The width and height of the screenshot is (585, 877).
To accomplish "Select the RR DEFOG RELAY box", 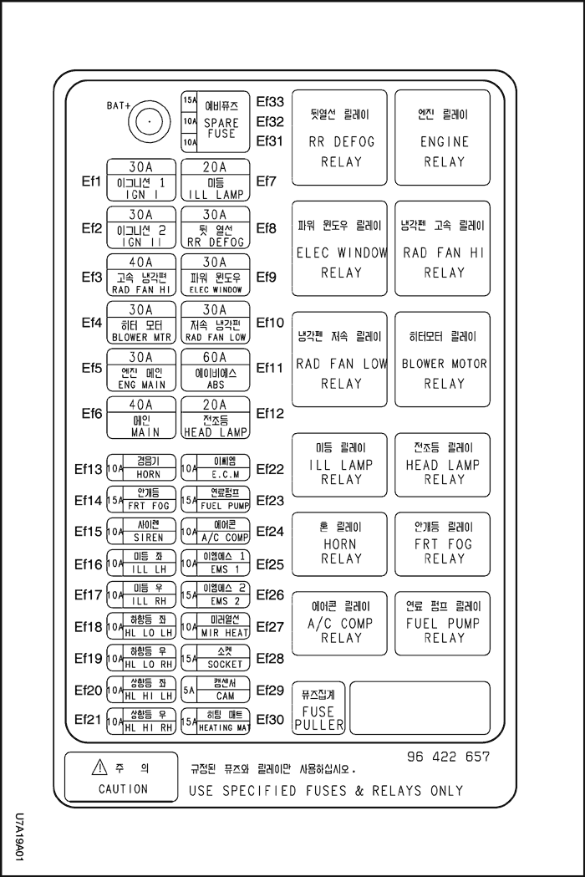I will (x=339, y=138).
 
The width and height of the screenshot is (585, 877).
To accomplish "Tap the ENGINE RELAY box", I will (x=443, y=138).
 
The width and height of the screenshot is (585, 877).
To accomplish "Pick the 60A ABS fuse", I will (x=216, y=370).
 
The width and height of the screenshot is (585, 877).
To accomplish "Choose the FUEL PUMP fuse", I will (x=216, y=499).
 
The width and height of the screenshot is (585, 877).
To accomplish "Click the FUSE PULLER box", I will (x=318, y=709).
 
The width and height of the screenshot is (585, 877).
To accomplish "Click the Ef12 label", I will (x=270, y=413).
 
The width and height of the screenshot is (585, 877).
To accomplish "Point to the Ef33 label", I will (x=270, y=102).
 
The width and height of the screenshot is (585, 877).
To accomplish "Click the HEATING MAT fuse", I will (x=216, y=721).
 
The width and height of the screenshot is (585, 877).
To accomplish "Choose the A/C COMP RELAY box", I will (x=339, y=623).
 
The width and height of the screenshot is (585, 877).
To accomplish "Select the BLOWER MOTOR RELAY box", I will (x=443, y=359).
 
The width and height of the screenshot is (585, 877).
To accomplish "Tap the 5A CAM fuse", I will (x=216, y=690).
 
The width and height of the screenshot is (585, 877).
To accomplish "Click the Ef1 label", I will (x=91, y=181).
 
